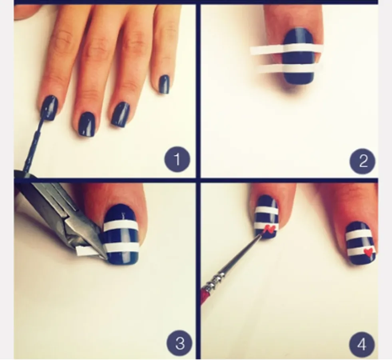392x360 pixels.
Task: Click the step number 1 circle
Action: click(x=177, y=159)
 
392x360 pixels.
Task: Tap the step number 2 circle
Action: click(x=362, y=161)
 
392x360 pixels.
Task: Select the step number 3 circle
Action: click(x=179, y=343)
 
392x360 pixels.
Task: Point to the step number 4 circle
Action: click(x=362, y=344)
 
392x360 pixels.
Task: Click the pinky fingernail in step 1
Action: click(x=164, y=84)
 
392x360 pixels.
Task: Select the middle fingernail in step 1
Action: click(x=87, y=124)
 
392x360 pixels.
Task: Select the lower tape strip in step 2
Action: click(x=287, y=68)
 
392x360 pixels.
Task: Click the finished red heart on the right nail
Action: click(x=368, y=252)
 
